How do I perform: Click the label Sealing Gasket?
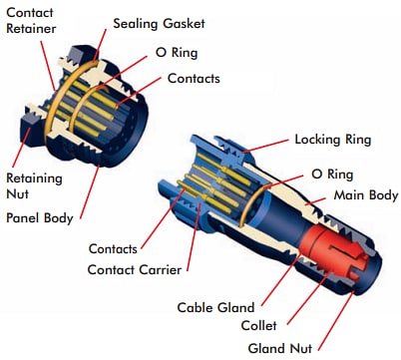coord(156,22)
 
